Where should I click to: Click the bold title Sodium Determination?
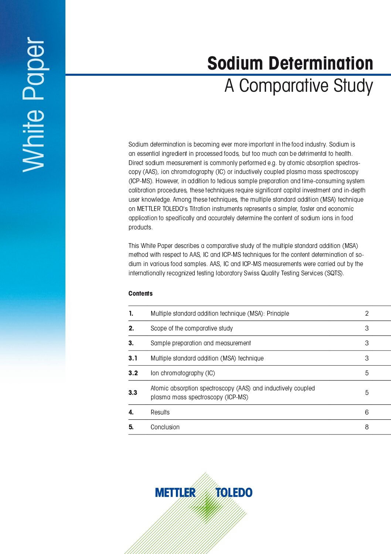290,63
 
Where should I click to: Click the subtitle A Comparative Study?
299,86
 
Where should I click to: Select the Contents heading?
140,293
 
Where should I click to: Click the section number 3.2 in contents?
133,373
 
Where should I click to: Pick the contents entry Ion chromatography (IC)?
183,373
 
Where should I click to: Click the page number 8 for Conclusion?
367,427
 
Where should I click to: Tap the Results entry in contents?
160,412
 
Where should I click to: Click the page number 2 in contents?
367,313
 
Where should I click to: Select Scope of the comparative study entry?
191,328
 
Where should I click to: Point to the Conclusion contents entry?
165,427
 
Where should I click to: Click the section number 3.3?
133,393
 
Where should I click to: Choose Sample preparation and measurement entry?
201,343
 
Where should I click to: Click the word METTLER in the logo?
175,493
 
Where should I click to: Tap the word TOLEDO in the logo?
234,493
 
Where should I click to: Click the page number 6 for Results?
367,412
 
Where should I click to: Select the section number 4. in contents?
131,412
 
